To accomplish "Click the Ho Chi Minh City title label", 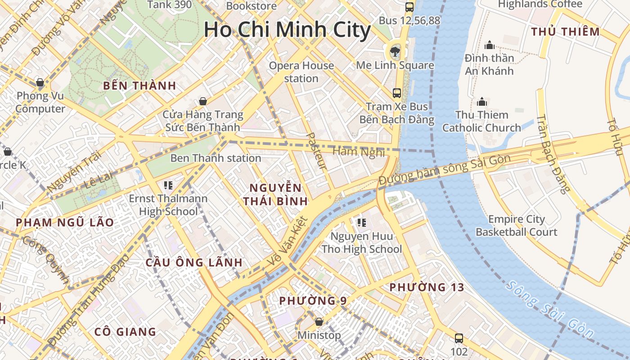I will [287, 30].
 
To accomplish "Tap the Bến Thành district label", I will [139, 86].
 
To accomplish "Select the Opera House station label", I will [301, 72].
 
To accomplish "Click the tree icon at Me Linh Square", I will [395, 50].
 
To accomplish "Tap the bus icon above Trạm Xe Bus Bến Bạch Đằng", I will [396, 93].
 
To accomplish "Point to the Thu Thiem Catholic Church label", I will [481, 121].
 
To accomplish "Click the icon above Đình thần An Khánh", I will [489, 45].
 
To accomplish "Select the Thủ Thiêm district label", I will [566, 32].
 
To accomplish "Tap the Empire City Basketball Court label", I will [517, 226].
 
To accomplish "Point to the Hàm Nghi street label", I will [359, 152].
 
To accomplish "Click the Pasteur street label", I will [316, 151].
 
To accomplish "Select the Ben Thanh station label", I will [216, 158].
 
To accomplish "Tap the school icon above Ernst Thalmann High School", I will [168, 185].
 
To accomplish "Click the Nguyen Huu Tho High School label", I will [362, 243].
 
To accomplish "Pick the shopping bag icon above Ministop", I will [319, 322].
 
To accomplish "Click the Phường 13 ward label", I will [427, 287].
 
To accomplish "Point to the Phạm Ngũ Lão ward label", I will [65, 222].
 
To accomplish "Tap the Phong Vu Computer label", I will [40, 103].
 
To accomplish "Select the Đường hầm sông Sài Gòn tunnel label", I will [445, 170].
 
